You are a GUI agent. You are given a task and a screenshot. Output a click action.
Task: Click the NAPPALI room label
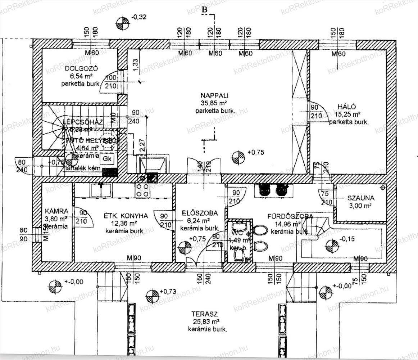click(215, 96)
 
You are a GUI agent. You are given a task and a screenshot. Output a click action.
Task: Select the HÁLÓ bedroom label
click(346, 107)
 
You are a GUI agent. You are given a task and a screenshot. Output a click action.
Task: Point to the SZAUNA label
click(361, 198)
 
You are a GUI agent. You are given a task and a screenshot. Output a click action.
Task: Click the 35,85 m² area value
click(215, 103)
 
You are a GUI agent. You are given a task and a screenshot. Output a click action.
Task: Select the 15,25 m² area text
click(347, 114)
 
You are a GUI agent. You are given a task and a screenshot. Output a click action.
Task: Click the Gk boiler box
click(106, 158)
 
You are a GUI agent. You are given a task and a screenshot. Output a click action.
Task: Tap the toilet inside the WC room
click(239, 255)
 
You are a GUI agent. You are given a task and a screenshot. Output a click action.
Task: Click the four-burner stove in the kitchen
click(142, 190)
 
